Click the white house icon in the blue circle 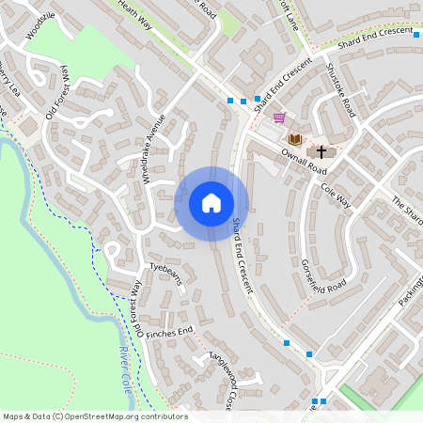211,203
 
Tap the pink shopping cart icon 279,117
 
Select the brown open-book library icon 295,139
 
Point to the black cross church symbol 321,150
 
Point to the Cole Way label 335,196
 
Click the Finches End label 172,331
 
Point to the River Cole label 124,367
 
